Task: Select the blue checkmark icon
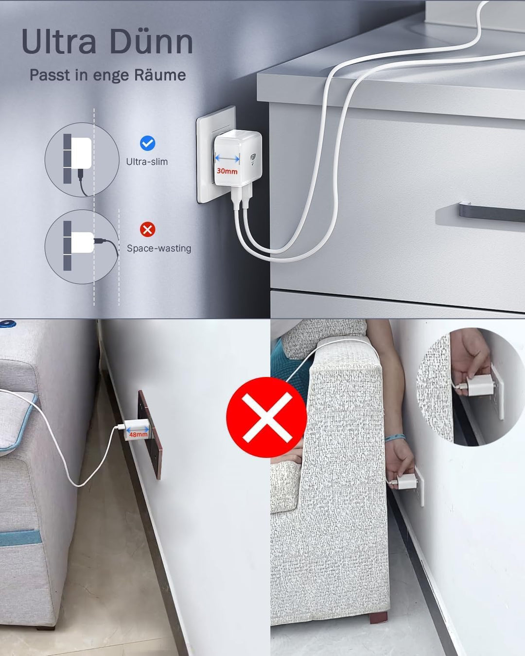coord(147,143)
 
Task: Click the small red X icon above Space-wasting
coord(147,229)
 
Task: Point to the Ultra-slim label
coord(147,162)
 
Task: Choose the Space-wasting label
coord(159,248)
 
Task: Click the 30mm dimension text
coord(227,171)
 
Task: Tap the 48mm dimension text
coord(138,434)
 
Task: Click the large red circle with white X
coord(266,417)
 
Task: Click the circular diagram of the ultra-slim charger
coord(82,159)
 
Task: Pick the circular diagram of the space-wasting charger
coord(82,246)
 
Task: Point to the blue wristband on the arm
coord(395,438)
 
